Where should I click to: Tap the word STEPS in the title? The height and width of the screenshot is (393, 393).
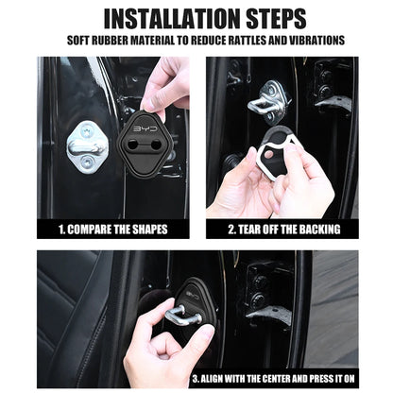click(x=276, y=19)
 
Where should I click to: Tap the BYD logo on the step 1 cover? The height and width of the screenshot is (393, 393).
click(x=145, y=129)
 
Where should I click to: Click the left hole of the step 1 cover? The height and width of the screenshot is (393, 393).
click(x=132, y=145)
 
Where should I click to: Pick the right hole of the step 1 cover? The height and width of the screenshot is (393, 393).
click(x=155, y=145)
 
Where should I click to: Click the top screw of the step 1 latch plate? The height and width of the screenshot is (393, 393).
click(x=86, y=131)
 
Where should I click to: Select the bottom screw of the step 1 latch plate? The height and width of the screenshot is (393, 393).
click(x=86, y=163)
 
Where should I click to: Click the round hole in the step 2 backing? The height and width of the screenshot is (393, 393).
click(x=268, y=154)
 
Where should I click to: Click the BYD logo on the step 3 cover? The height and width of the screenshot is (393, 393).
click(x=193, y=295)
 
